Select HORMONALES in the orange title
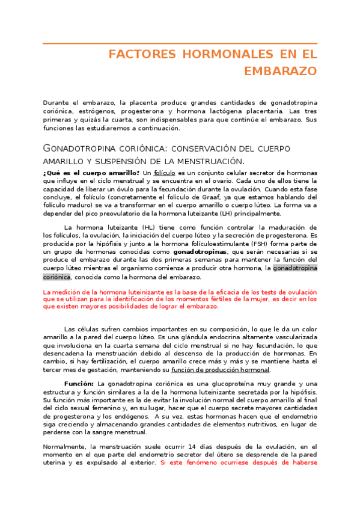pyautogui.click(x=206, y=55)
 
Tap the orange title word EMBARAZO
pyautogui.click(x=281, y=71)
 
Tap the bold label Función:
pyautogui.click(x=79, y=384)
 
